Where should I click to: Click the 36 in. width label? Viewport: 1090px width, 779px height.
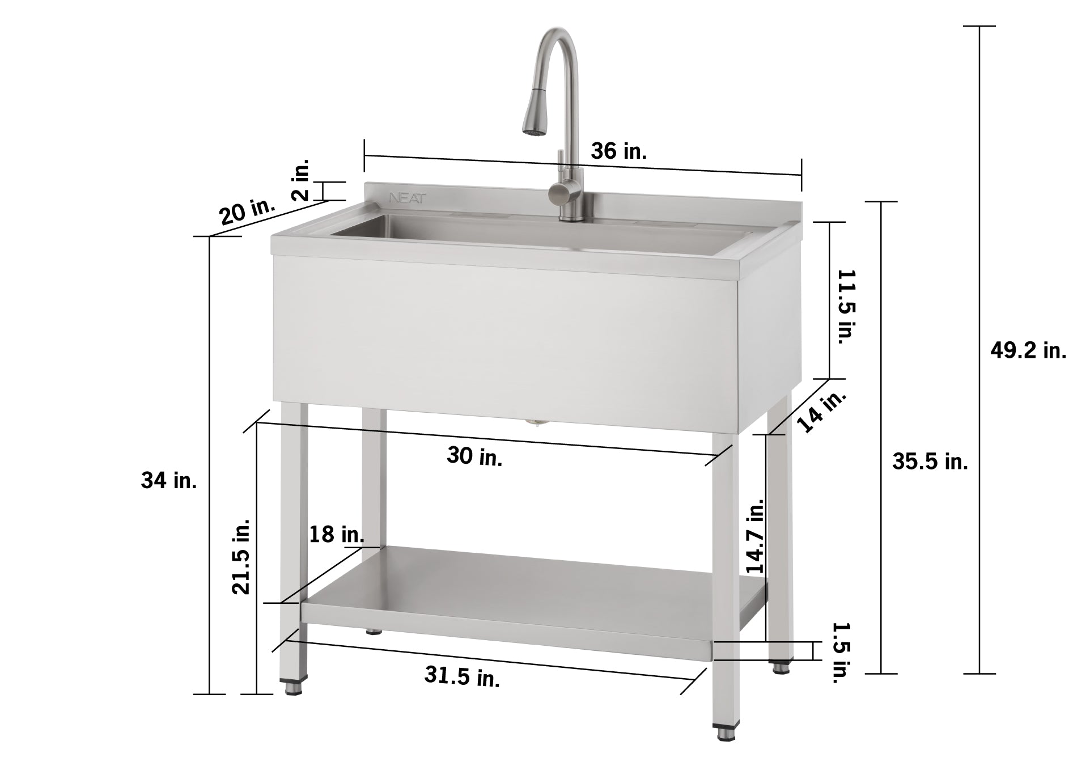[x=618, y=151]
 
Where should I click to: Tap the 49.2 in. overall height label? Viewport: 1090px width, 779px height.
[x=1028, y=351]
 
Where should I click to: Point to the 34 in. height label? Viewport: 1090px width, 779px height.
[x=169, y=481]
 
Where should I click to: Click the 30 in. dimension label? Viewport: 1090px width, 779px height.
[x=474, y=456]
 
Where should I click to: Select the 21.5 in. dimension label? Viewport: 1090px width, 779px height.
[x=241, y=556]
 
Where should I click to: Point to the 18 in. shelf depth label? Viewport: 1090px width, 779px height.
[x=336, y=534]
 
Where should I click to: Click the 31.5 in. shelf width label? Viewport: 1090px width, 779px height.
[x=462, y=676]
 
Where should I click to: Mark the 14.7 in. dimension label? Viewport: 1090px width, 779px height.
[x=754, y=536]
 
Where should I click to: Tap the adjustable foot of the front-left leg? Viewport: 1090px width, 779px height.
[x=293, y=688]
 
